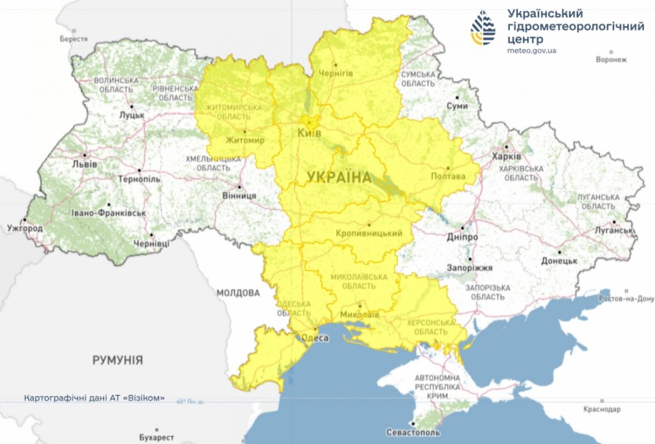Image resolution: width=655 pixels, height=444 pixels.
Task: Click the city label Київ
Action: (x=310, y=133)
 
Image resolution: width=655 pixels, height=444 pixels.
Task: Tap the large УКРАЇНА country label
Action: (x=339, y=177)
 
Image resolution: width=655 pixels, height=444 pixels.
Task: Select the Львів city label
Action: (x=85, y=164)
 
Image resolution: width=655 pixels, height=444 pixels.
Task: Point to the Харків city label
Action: (x=506, y=157)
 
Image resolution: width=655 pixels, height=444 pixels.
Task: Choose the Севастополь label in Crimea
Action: (x=413, y=433)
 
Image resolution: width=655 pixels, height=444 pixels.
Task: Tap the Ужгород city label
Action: (x=25, y=228)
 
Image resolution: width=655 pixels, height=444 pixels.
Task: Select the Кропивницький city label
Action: (x=369, y=234)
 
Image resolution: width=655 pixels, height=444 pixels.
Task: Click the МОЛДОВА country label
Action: (x=238, y=293)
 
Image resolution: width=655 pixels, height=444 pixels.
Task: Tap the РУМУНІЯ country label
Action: (x=117, y=360)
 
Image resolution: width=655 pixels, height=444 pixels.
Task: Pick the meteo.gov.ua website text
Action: (x=532, y=51)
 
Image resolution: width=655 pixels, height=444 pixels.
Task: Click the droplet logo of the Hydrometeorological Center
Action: (x=483, y=27)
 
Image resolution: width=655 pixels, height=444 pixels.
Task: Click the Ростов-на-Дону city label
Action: (x=627, y=299)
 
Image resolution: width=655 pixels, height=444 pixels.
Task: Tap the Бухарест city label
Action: (x=156, y=438)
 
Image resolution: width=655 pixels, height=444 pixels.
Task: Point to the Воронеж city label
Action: (x=611, y=60)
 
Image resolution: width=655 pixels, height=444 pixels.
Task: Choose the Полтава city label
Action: (x=448, y=176)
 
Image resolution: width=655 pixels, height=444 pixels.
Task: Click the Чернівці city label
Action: (x=151, y=244)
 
